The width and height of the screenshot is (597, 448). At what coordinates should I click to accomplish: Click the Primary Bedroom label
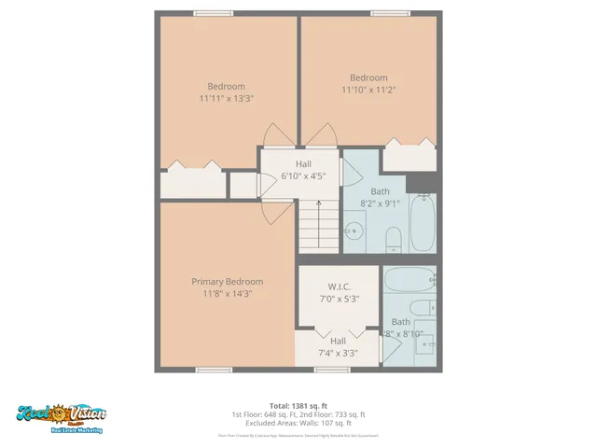click(227, 281)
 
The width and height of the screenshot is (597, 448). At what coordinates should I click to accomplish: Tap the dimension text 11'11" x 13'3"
click(227, 97)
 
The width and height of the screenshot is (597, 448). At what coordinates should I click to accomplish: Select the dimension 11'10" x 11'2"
click(368, 90)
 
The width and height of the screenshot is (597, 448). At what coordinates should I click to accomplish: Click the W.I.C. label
click(338, 287)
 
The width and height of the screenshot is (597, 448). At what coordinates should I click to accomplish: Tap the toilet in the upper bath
click(393, 238)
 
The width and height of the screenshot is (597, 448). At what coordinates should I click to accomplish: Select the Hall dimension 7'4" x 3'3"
click(338, 353)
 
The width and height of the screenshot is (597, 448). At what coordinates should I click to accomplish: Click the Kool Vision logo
click(62, 415)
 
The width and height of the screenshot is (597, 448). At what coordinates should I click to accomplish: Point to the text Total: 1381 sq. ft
click(298, 406)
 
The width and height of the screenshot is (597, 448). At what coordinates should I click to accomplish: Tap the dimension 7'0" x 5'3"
click(338, 299)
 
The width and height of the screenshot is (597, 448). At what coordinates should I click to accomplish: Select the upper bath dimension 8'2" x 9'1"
click(380, 203)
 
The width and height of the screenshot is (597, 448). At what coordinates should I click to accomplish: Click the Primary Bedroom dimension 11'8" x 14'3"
click(227, 293)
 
